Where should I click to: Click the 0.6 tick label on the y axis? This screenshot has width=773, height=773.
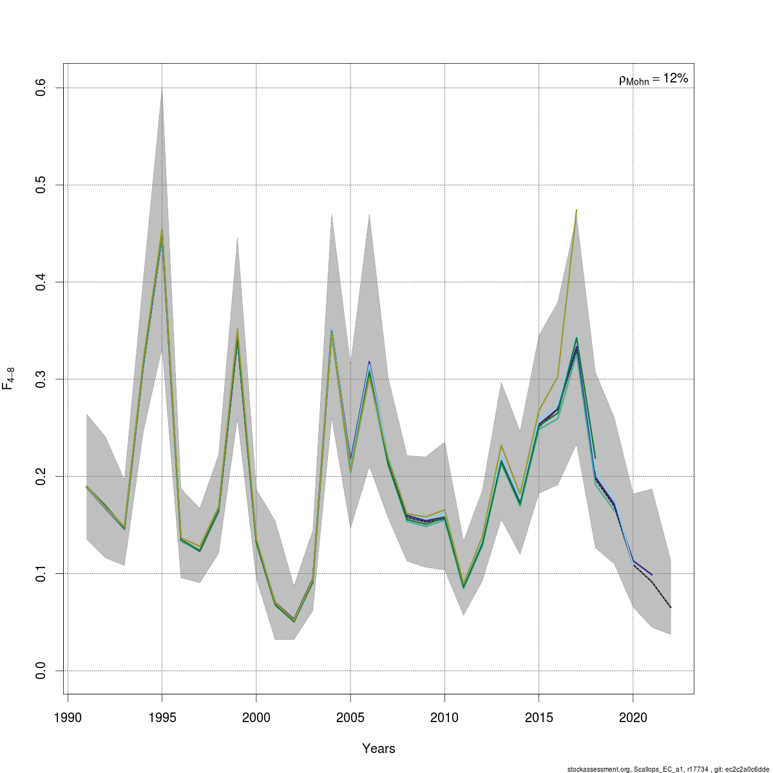(39, 88)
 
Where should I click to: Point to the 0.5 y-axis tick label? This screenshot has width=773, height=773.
(39, 185)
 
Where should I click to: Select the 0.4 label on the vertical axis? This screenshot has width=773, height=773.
(39, 282)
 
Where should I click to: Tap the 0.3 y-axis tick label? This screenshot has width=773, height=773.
(39, 379)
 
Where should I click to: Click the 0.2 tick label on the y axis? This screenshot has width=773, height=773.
(39, 476)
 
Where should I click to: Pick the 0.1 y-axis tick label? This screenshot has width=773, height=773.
(39, 573)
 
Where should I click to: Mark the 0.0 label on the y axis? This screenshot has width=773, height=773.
(39, 671)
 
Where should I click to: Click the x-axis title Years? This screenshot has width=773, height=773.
(379, 749)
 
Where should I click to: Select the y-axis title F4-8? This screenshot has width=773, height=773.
(9, 379)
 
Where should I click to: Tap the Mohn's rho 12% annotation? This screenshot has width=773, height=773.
(653, 79)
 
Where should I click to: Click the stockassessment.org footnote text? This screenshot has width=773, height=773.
(668, 769)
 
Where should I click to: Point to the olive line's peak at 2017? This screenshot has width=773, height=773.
(577, 210)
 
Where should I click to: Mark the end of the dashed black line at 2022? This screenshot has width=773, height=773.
(671, 607)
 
